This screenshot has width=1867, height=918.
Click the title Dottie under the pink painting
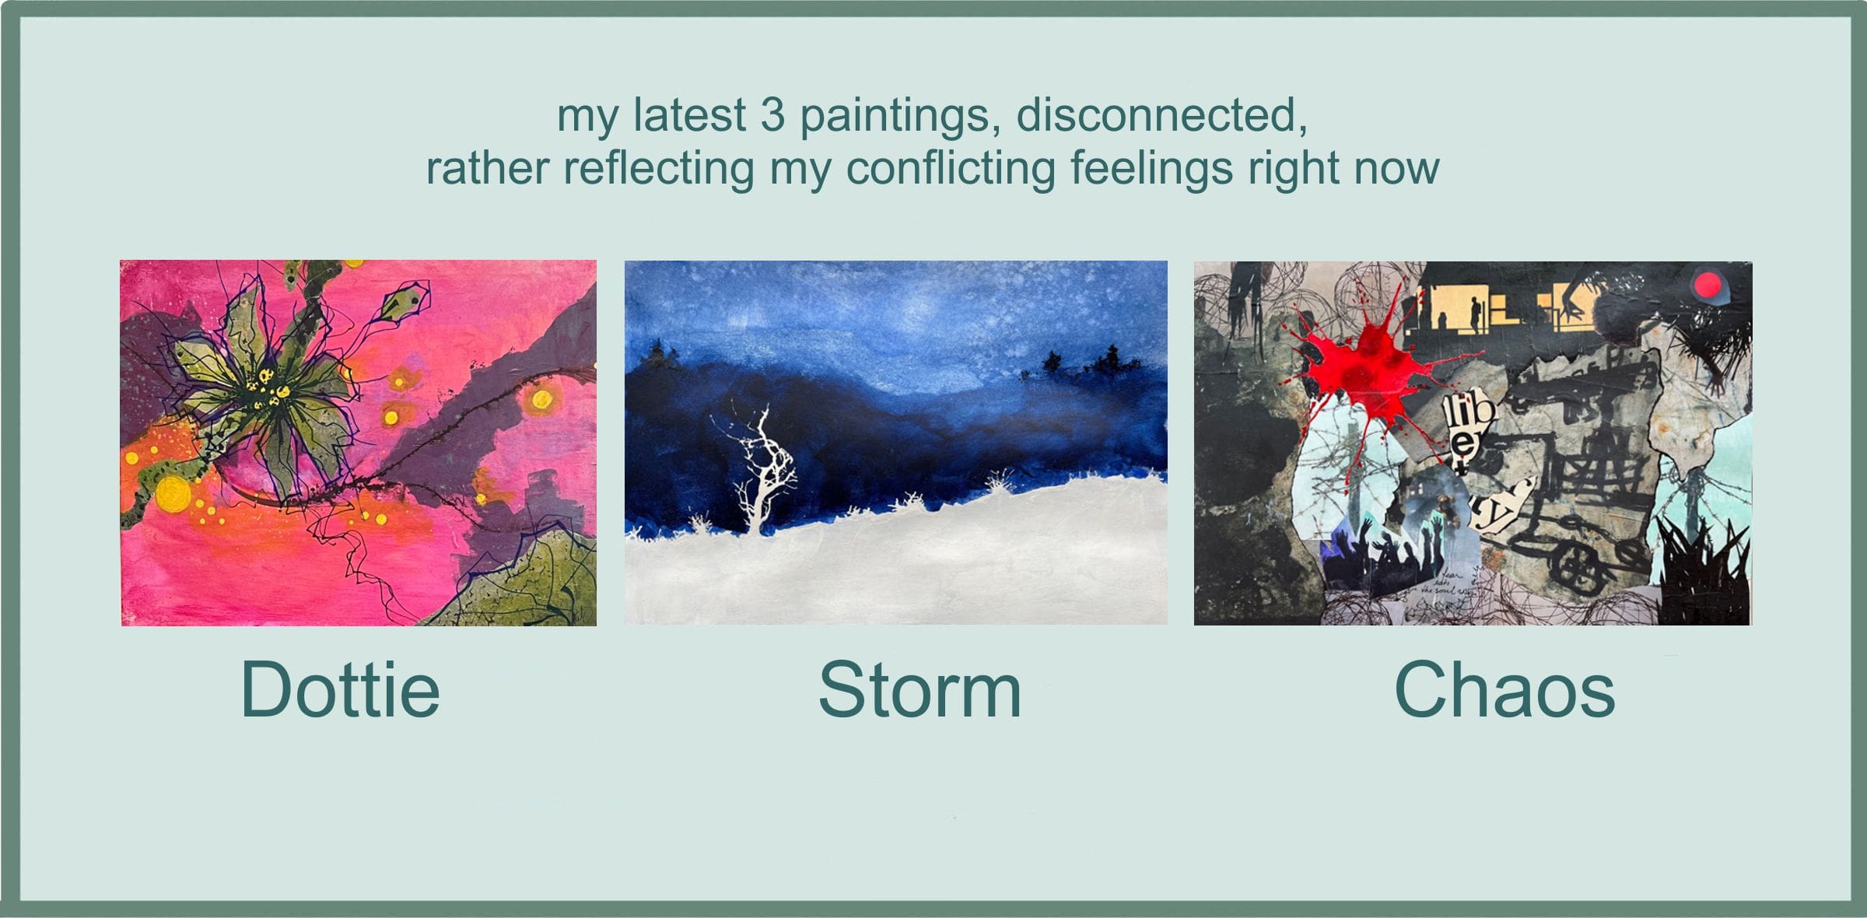point(340,690)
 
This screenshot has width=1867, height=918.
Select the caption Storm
point(919,690)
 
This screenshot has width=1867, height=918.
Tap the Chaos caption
point(1504,690)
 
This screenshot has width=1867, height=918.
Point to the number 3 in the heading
point(772,115)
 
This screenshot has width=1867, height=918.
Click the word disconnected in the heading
point(1161,115)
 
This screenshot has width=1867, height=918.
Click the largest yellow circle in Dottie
point(173,493)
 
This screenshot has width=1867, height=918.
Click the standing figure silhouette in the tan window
point(1475,315)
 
